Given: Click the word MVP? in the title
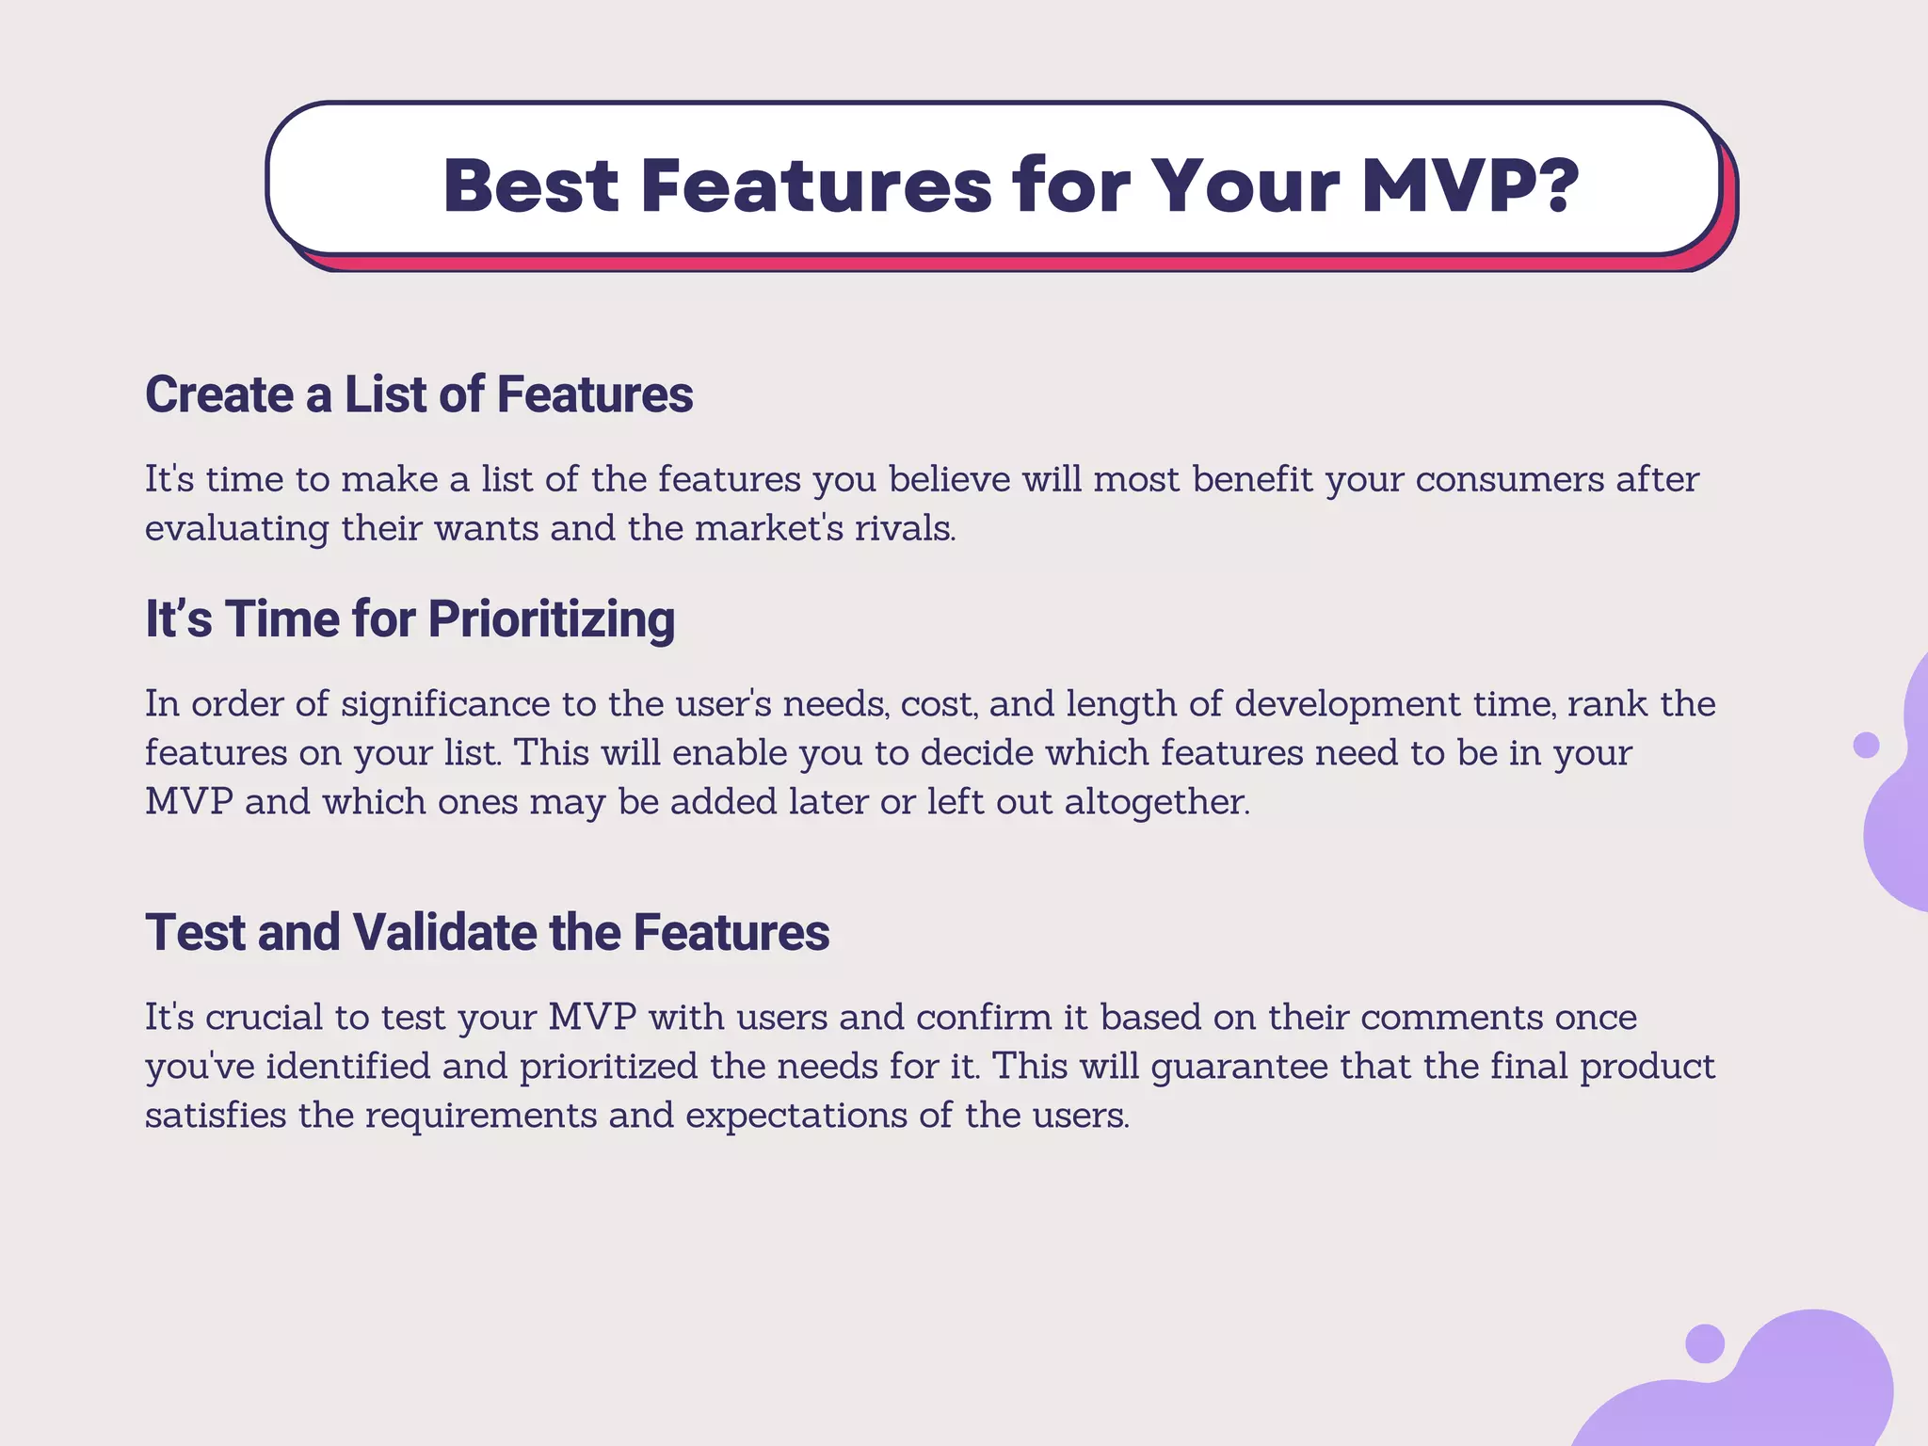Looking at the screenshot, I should tap(1470, 185).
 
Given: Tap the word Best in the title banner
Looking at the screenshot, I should tap(531, 185).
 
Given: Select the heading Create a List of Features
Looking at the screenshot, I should tap(419, 394).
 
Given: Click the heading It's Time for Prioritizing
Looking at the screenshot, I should tap(410, 619).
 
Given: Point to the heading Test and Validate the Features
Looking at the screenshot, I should tap(487, 933).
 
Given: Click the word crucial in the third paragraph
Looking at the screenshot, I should tap(264, 1018).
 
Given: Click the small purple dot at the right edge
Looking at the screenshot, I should tap(1865, 745).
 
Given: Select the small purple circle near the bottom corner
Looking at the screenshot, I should tap(1704, 1342).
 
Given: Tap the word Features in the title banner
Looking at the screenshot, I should tap(816, 185).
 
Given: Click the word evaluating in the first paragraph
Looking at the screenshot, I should tap(236, 528).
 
